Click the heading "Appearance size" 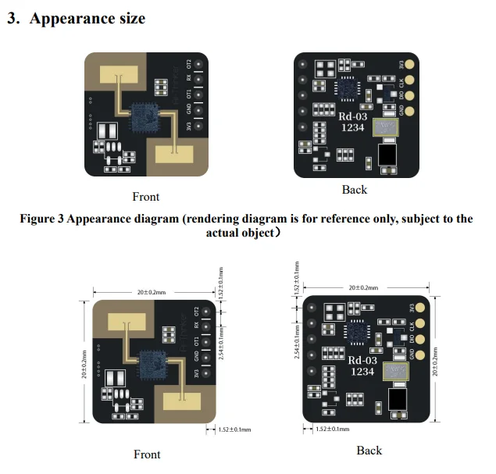87,19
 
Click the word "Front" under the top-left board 146,196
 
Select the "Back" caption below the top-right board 354,190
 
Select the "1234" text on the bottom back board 362,372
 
